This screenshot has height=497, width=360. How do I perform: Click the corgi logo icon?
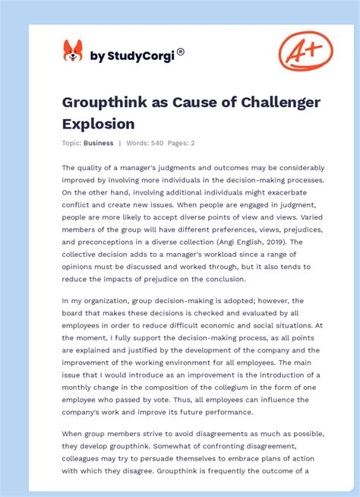pyautogui.click(x=72, y=51)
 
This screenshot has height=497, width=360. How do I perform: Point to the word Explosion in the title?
pyautogui.click(x=99, y=123)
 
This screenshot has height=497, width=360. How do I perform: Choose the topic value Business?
pyautogui.click(x=99, y=143)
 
